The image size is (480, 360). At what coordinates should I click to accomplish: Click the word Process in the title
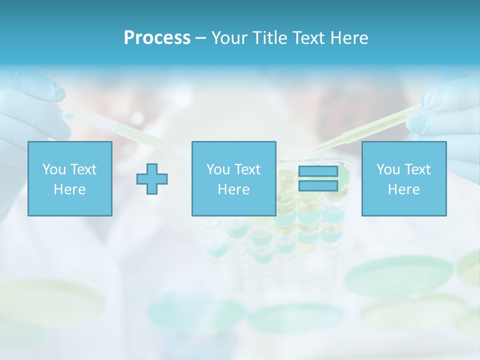157,37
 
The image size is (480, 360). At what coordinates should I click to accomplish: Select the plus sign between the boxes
152,178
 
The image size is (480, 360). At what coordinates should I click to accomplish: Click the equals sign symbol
318,178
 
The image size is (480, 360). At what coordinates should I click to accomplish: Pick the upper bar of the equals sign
318,171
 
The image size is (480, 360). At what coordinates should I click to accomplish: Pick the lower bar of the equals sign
318,185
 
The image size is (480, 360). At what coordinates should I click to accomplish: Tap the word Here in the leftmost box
70,189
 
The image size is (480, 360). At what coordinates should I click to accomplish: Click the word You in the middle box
218,169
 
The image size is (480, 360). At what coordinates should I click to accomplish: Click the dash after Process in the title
200,38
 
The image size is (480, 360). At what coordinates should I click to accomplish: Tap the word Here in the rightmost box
404,189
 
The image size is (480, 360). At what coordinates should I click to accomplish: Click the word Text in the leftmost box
83,169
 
